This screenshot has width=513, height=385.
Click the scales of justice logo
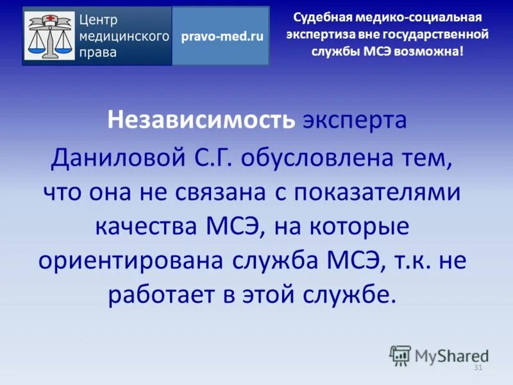[x=49, y=37]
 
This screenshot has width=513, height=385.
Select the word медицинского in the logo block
[x=124, y=36]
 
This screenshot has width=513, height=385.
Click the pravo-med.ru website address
[x=222, y=37]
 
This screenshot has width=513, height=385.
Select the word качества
[x=149, y=226]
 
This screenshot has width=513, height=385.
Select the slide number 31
[x=477, y=368]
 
